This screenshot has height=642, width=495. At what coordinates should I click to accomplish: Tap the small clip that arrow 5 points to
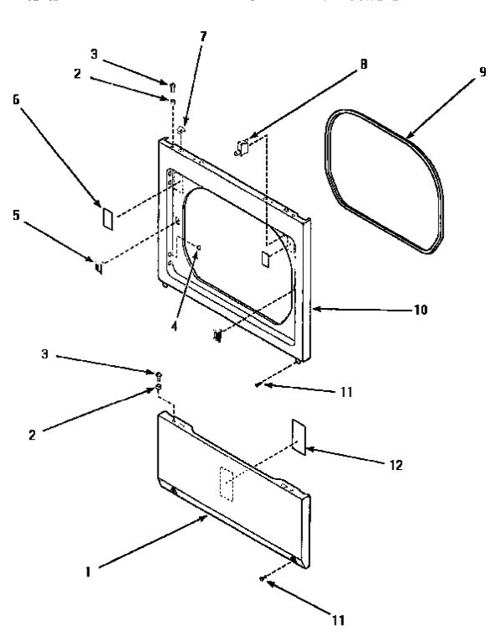98,269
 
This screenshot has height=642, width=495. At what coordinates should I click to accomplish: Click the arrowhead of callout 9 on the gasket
406,138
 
